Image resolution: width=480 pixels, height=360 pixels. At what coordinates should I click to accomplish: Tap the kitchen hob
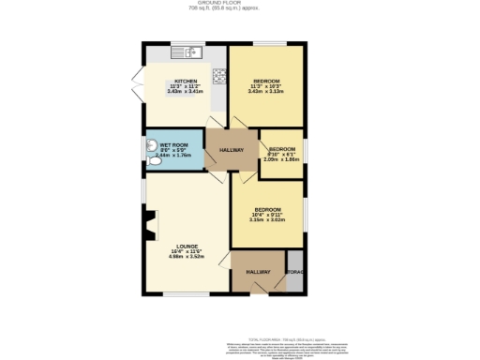219,76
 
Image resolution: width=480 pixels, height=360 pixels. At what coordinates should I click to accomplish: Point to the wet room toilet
153,161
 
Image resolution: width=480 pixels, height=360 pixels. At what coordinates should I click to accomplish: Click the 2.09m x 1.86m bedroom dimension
282,159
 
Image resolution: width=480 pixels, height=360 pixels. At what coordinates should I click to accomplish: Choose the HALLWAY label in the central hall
232,150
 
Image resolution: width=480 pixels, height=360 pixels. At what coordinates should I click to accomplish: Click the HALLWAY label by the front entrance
258,272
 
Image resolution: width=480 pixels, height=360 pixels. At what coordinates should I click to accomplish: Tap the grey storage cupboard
295,271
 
